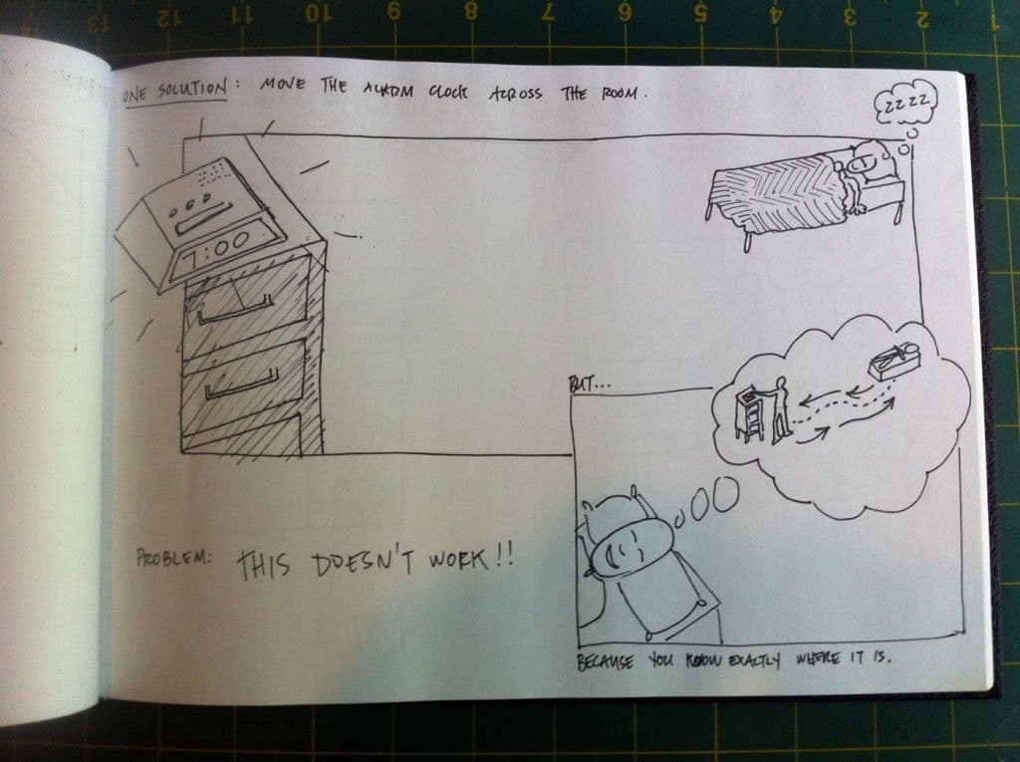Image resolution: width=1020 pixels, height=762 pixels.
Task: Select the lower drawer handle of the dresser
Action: tap(242, 383)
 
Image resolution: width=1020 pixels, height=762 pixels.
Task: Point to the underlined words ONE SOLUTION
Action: tap(174, 92)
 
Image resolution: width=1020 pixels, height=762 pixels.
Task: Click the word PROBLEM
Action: tap(173, 559)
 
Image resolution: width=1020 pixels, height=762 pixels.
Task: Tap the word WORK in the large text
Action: tap(458, 560)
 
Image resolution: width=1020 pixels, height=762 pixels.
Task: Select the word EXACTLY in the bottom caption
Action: tap(755, 661)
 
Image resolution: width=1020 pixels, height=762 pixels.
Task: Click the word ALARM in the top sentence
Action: tap(387, 90)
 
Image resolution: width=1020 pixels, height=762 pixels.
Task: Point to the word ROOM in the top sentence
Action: tap(619, 93)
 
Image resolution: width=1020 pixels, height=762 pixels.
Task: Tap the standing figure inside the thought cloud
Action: tap(781, 410)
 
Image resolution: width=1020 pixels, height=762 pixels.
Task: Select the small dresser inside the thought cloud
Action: tap(749, 413)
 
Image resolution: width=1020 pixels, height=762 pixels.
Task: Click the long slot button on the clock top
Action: tap(203, 218)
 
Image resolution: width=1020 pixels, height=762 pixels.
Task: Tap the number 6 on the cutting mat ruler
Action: tap(626, 13)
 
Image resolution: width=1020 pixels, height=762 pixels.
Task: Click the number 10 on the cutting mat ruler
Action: tap(318, 14)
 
